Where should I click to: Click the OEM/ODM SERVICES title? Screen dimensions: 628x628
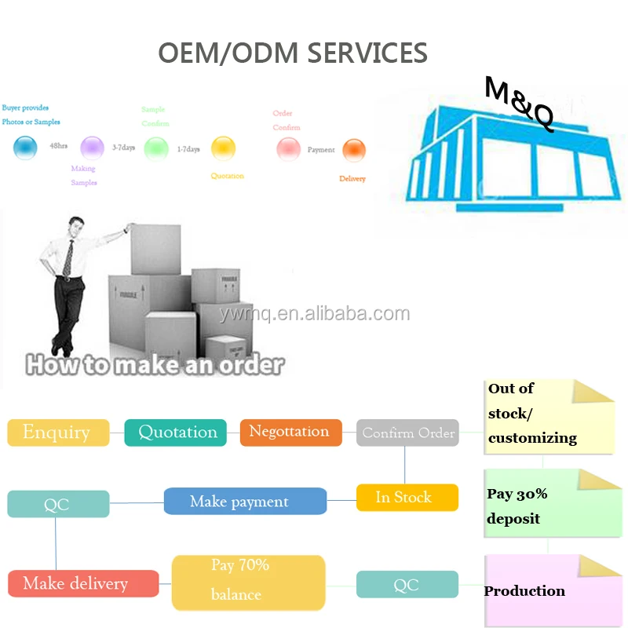click(293, 53)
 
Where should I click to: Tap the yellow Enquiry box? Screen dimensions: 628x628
click(58, 433)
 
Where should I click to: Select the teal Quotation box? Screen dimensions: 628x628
click(176, 433)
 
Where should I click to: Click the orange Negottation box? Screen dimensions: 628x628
click(290, 432)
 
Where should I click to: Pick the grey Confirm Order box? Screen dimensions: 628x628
click(407, 433)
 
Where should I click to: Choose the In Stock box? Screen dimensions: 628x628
click(407, 498)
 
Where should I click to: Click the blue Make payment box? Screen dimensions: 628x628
click(245, 502)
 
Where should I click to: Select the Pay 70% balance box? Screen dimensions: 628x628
click(248, 582)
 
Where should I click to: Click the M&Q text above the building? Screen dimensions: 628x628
click(520, 102)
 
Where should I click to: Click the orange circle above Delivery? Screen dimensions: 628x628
click(354, 149)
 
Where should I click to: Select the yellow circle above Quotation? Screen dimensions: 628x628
click(223, 148)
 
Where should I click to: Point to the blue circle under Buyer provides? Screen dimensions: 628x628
click(26, 147)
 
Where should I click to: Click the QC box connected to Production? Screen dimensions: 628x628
click(407, 585)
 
